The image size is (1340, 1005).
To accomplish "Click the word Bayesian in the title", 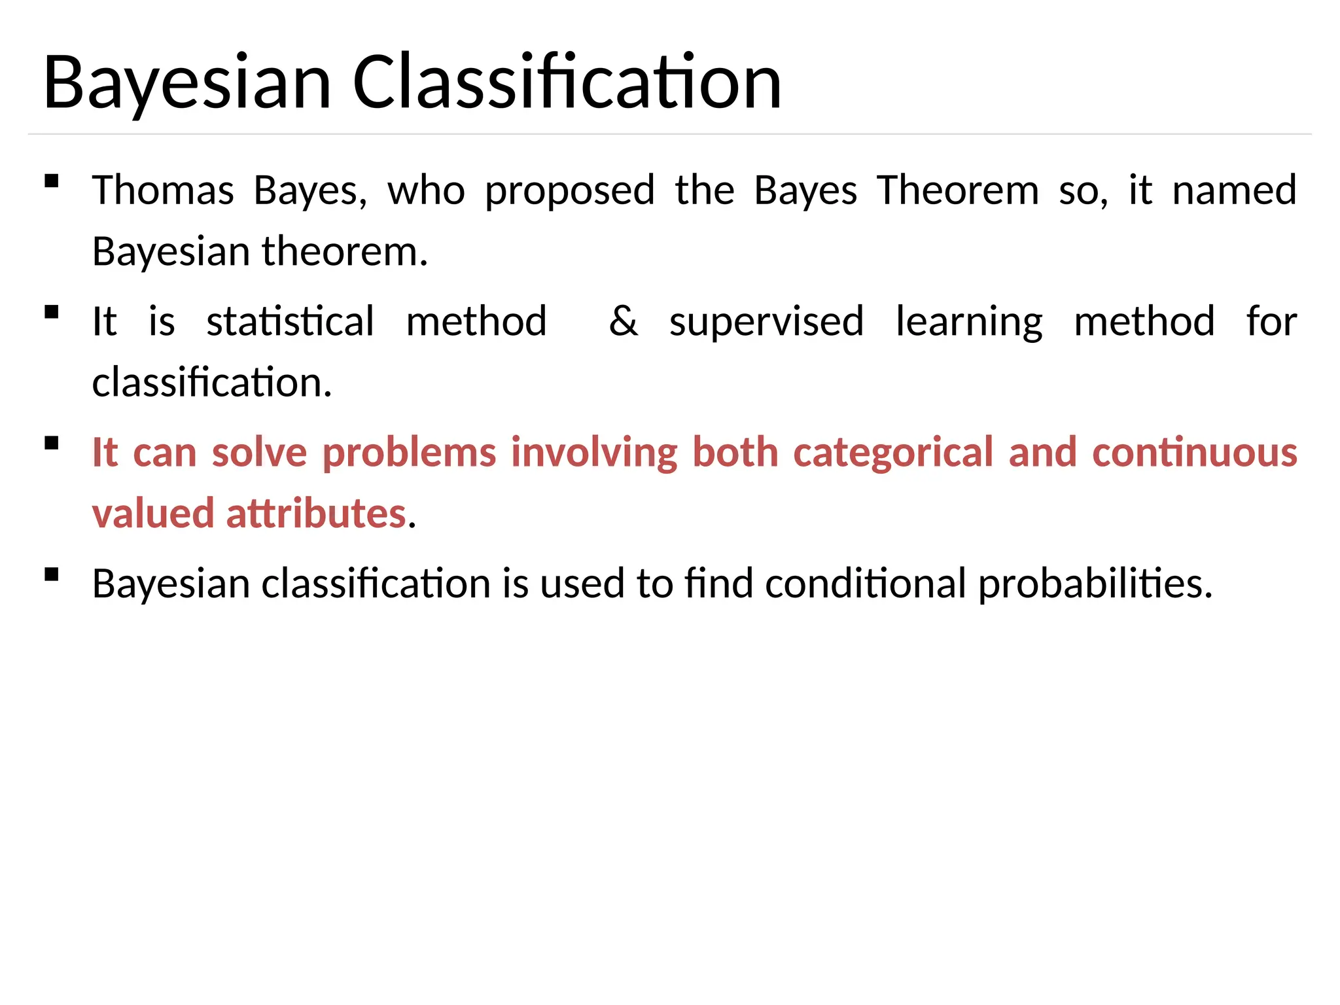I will coord(188,83).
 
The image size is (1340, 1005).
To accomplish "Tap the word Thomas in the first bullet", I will coord(163,190).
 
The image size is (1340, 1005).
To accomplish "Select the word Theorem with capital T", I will coord(958,190).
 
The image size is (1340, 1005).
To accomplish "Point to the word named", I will coord(1234,190).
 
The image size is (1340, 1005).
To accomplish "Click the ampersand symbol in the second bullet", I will coord(623,321).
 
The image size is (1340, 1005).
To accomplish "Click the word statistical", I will coord(291,321).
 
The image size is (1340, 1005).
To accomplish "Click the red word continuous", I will coord(1195,452).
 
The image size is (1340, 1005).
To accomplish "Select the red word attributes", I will coord(316,514).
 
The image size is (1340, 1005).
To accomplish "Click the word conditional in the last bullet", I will coord(865,583).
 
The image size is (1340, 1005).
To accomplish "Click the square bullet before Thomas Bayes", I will coord(52,181).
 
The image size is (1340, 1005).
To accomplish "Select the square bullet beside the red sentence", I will coord(52,444).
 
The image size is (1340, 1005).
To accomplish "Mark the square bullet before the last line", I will coord(52,574).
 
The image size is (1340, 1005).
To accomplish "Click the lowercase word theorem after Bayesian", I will coord(344,252).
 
